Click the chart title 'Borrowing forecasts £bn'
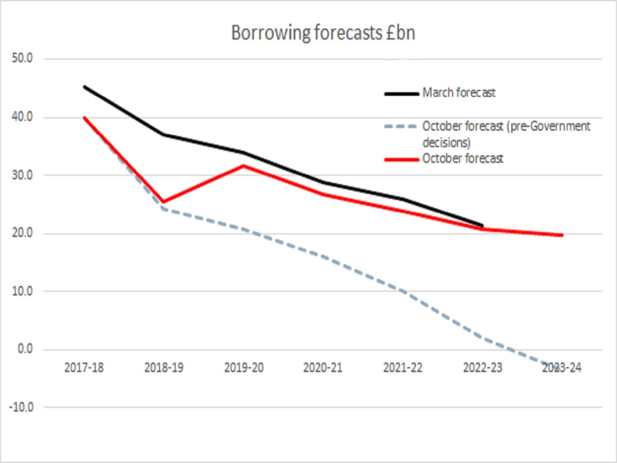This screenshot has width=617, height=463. [x=323, y=33]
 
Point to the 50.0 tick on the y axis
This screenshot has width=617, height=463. [x=22, y=58]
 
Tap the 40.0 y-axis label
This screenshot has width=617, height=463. [x=22, y=117]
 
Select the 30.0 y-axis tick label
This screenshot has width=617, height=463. [x=22, y=175]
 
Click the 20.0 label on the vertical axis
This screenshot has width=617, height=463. [x=22, y=233]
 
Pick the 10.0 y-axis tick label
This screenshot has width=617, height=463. [x=22, y=291]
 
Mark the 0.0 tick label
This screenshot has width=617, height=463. [x=25, y=349]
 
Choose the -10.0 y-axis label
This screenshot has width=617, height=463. [x=21, y=408]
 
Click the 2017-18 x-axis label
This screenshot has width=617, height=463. [x=84, y=368]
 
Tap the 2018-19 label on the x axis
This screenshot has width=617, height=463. [x=164, y=368]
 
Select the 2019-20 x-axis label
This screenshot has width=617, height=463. [x=244, y=368]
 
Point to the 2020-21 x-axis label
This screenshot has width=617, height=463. [x=323, y=368]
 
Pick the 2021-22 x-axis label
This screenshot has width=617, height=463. [x=403, y=368]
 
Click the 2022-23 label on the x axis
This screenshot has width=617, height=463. [x=483, y=368]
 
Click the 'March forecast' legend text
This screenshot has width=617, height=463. [x=459, y=93]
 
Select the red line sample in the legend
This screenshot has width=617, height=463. [x=401, y=159]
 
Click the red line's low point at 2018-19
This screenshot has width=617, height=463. [x=163, y=202]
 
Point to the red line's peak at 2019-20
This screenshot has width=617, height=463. [x=243, y=165]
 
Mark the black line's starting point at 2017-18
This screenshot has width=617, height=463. [x=84, y=87]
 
